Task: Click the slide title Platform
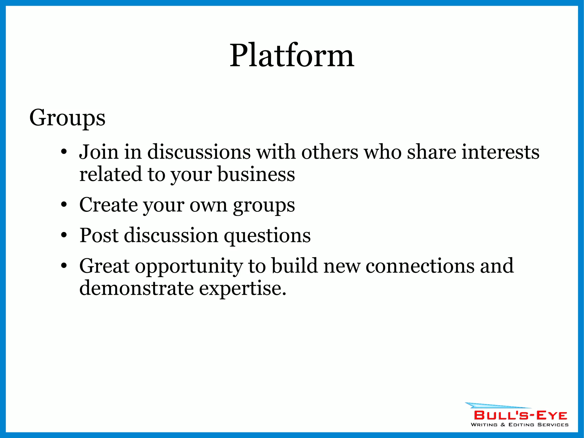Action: [x=292, y=55]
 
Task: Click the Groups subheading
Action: [x=67, y=118]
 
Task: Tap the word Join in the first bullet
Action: [x=98, y=152]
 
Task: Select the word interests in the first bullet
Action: [x=500, y=152]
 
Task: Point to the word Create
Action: [x=108, y=205]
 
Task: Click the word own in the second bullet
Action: [x=208, y=205]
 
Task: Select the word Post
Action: [x=99, y=235]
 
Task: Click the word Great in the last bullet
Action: [x=104, y=266]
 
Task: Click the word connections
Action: [x=420, y=266]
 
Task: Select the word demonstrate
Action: [x=136, y=288]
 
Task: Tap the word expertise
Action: [x=242, y=288]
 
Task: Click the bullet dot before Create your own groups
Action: [x=64, y=205]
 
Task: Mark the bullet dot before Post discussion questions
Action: [x=64, y=235]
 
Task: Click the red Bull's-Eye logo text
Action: [x=521, y=415]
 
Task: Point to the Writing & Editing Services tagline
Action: [x=520, y=425]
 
